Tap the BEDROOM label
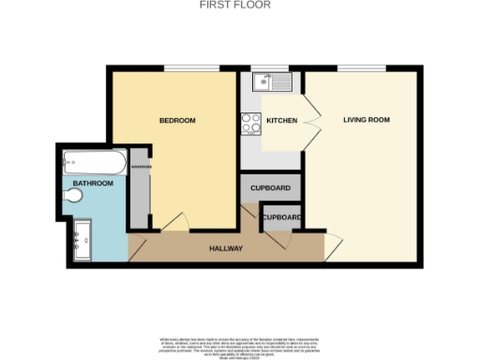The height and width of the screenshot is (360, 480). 176,120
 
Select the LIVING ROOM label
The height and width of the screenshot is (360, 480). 366,120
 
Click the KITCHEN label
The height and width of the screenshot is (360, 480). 281,121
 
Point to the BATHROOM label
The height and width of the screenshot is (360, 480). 94,184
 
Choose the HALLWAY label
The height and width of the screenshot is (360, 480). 226,248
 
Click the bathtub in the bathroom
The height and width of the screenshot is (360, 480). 94,165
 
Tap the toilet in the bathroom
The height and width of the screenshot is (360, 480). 76,195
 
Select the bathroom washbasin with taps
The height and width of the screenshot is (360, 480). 80,240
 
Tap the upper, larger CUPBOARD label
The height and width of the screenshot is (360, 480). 271,187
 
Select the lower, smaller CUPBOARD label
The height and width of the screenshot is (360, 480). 281,217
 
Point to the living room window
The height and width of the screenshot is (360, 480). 361,69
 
